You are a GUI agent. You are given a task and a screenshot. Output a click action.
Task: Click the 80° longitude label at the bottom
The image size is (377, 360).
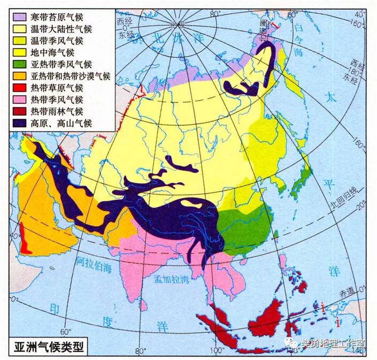[x=140, y=351]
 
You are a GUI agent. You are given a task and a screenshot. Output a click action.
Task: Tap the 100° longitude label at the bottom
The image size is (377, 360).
[x=216, y=351]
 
